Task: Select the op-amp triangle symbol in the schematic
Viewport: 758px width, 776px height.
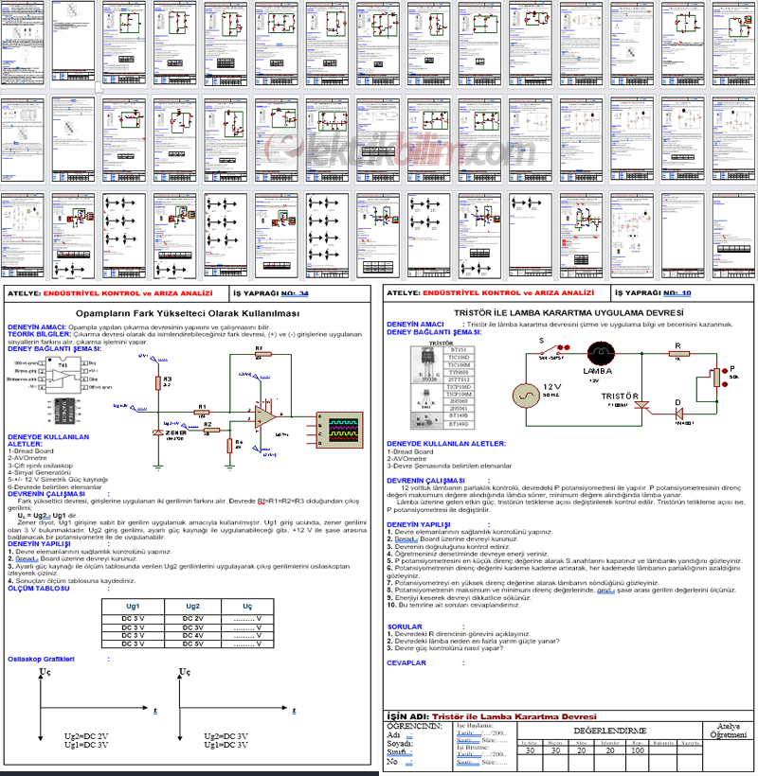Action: (x=267, y=416)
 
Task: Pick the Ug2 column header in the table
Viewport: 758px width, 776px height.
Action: (x=192, y=606)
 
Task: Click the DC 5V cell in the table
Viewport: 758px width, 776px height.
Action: (x=192, y=644)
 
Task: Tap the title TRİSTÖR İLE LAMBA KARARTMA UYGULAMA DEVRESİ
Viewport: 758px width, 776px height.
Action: (x=568, y=311)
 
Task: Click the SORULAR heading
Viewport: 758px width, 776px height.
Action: (x=406, y=626)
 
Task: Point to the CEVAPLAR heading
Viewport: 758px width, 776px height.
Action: (x=408, y=663)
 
